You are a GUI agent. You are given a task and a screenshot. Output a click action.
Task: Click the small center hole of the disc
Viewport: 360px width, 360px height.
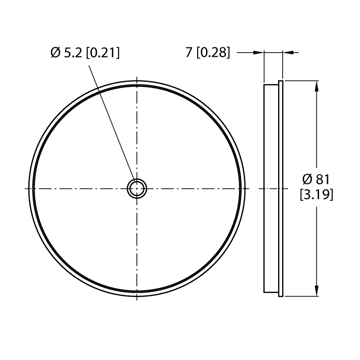(x=137, y=189)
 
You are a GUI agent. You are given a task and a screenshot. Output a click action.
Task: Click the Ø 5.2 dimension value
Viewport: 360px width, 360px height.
(x=66, y=53)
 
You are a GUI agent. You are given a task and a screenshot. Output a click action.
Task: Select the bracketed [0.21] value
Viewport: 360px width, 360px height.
(x=103, y=53)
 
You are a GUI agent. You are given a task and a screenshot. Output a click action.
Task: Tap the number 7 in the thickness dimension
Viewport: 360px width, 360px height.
(x=189, y=53)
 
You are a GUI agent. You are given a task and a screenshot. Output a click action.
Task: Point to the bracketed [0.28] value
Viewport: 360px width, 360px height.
(x=213, y=53)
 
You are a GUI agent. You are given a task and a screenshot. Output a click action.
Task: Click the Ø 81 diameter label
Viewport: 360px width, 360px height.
(x=316, y=179)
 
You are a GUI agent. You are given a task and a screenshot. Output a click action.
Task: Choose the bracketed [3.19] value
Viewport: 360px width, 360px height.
(x=316, y=195)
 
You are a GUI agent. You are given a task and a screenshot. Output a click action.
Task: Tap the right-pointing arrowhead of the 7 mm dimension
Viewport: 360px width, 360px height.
(x=259, y=53)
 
